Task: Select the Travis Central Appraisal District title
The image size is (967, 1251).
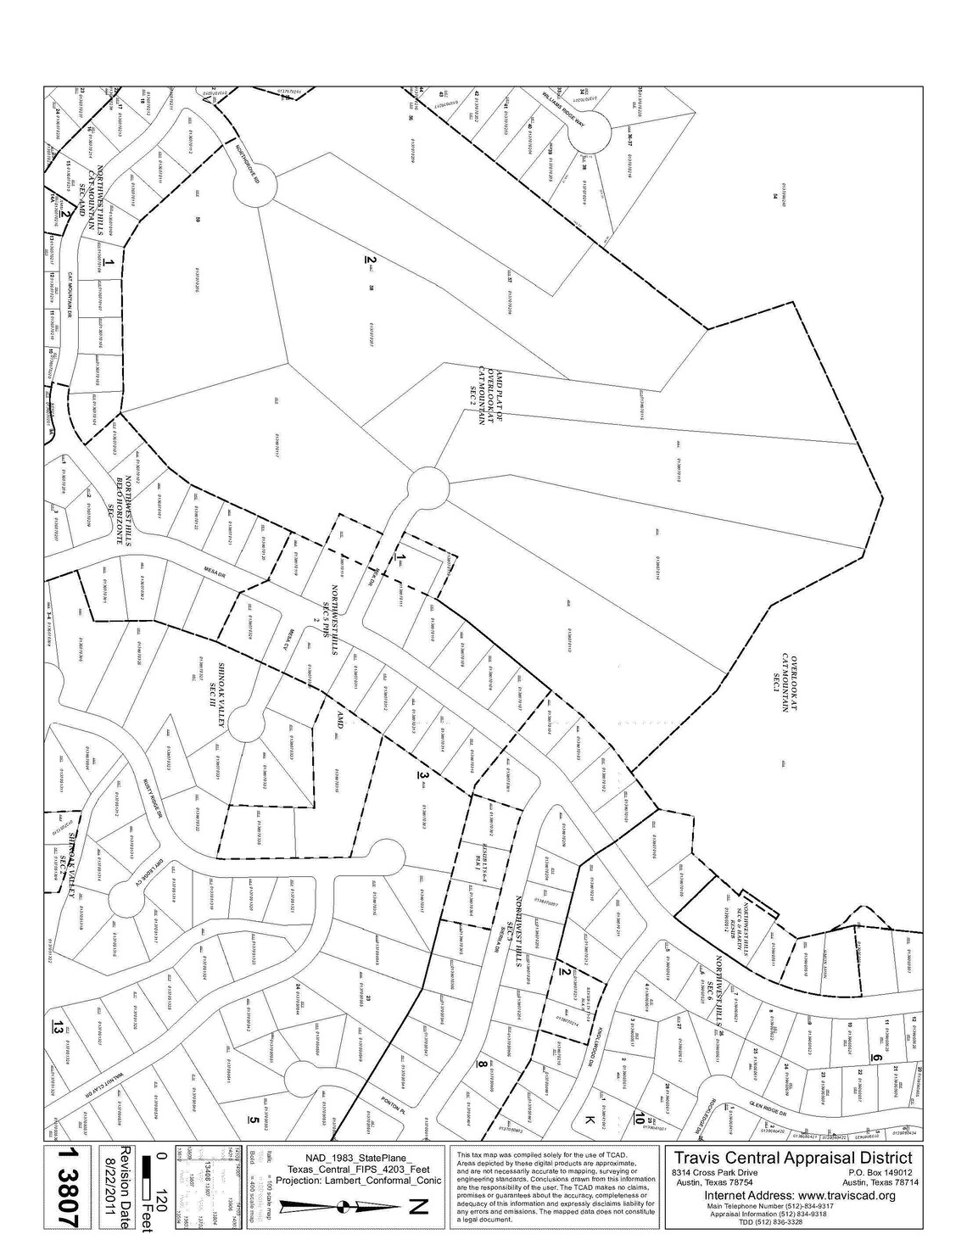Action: point(792,1158)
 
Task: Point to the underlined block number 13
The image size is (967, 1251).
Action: point(57,1028)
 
